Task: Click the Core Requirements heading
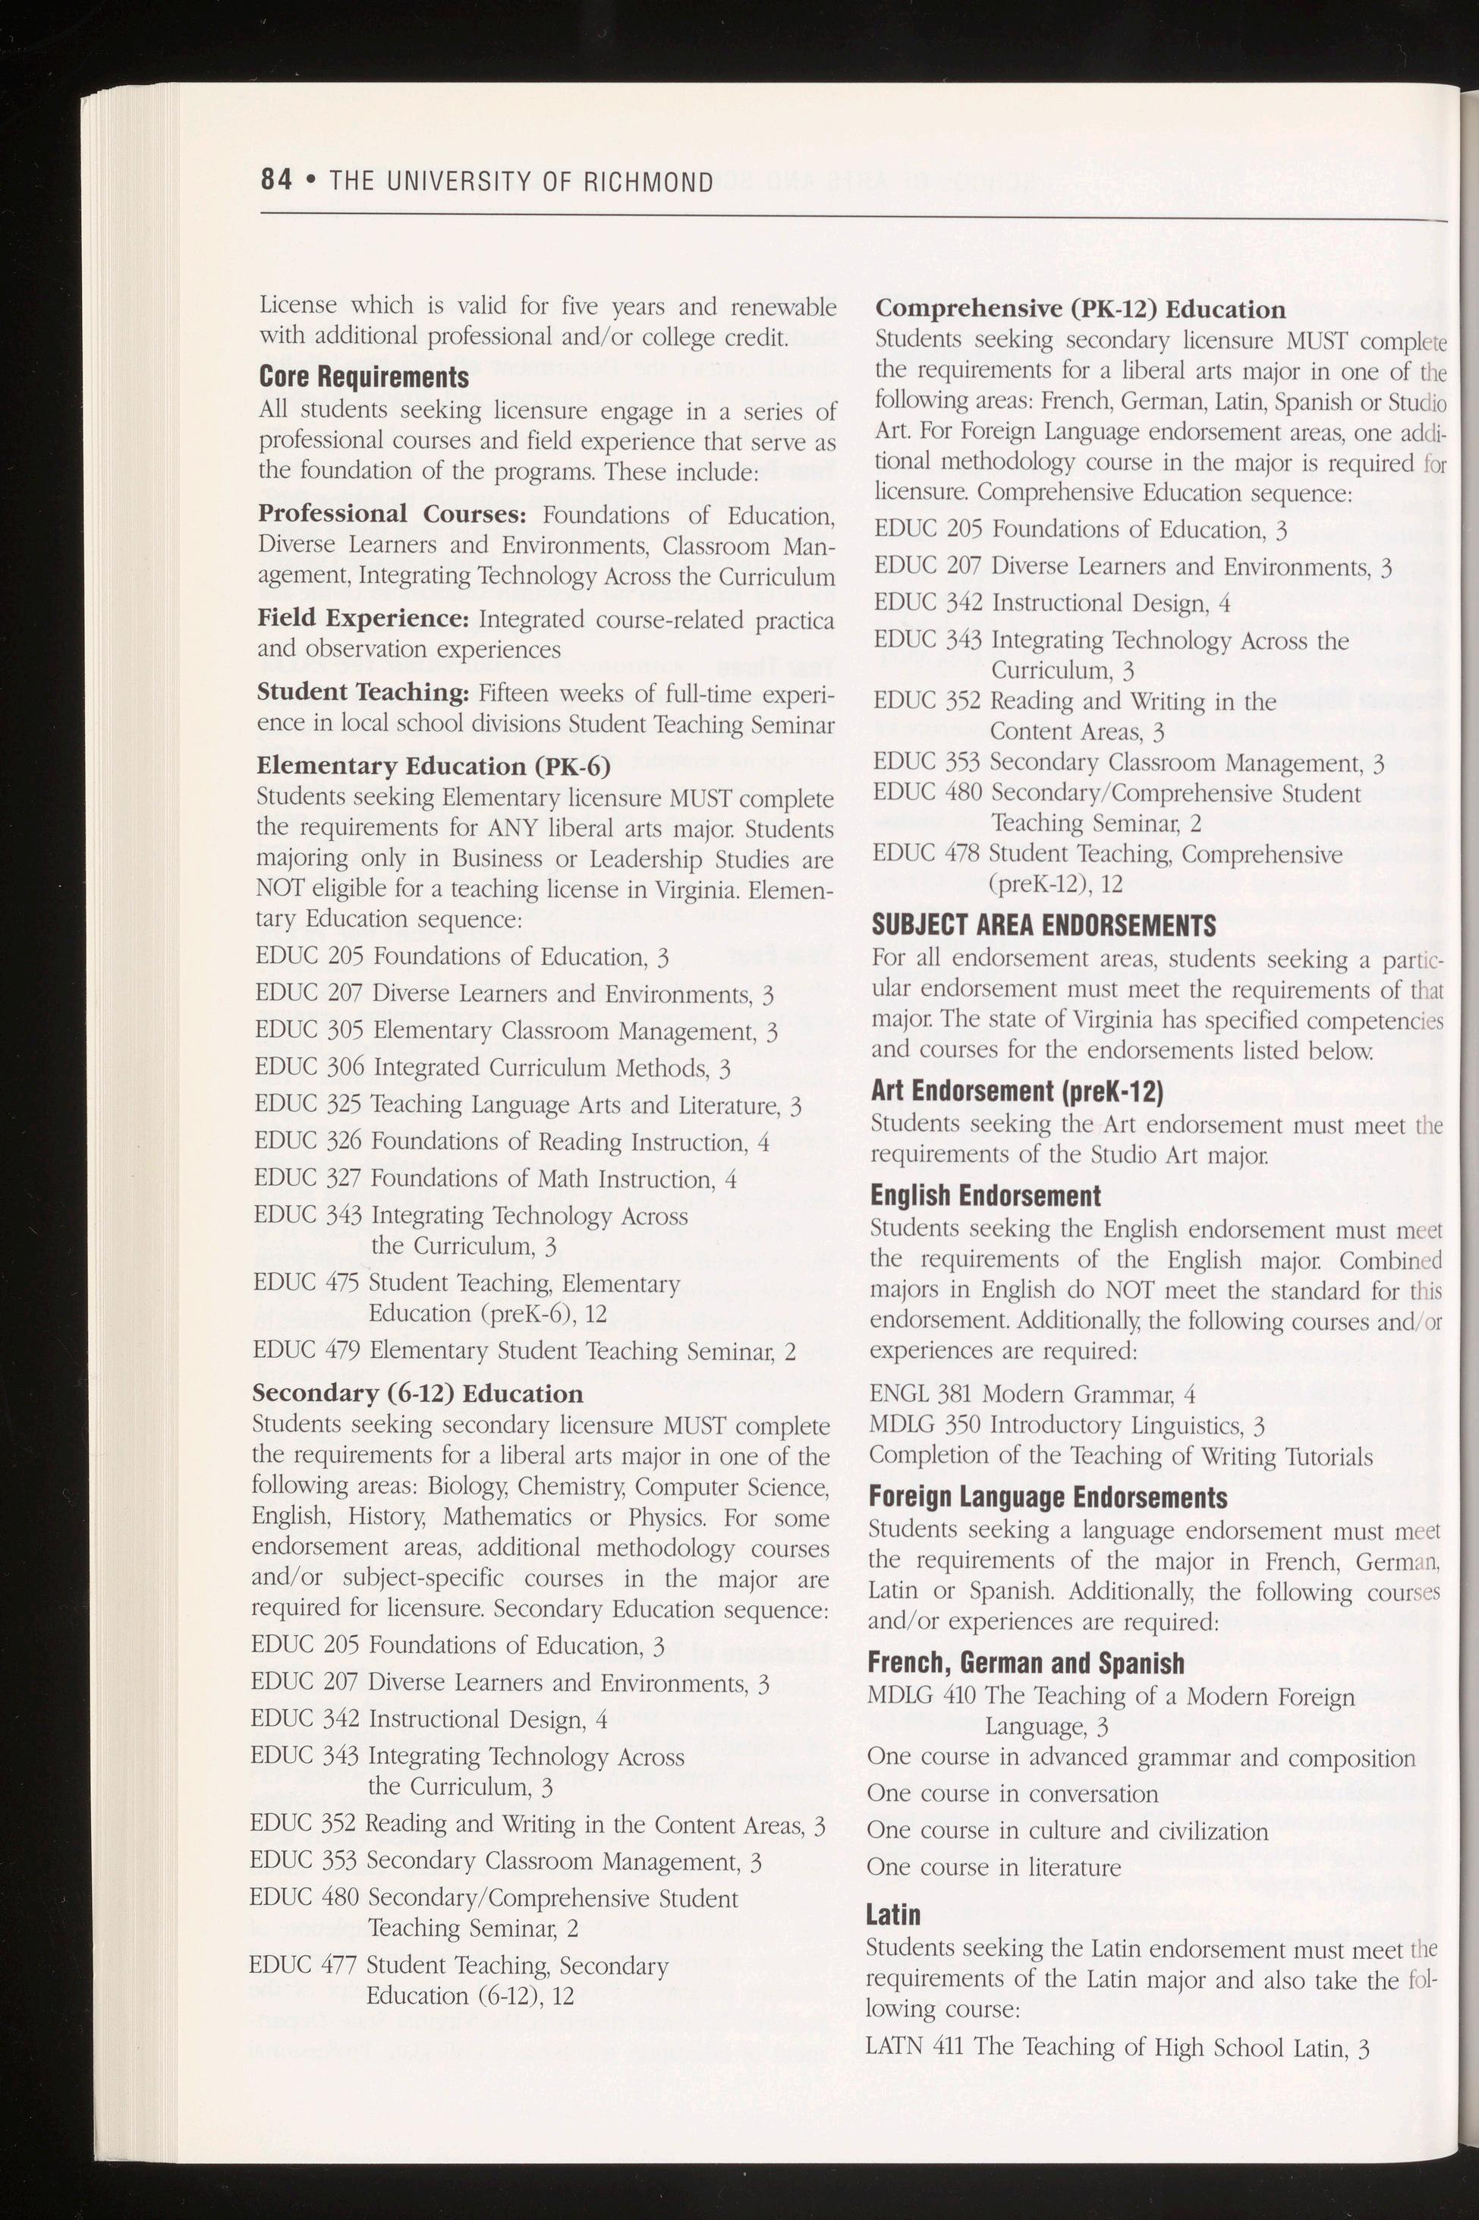[x=364, y=377]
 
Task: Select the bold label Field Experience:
[x=363, y=619]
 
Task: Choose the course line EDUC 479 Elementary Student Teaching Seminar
[x=524, y=1350]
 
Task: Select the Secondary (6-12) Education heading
[x=418, y=1393]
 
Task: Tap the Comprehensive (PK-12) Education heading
[x=1080, y=310]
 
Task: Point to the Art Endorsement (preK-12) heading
[x=1017, y=1091]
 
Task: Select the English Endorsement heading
[x=985, y=1196]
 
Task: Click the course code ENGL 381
[x=921, y=1394]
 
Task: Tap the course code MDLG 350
[x=921, y=1425]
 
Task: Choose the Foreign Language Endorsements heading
[x=1047, y=1497]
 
